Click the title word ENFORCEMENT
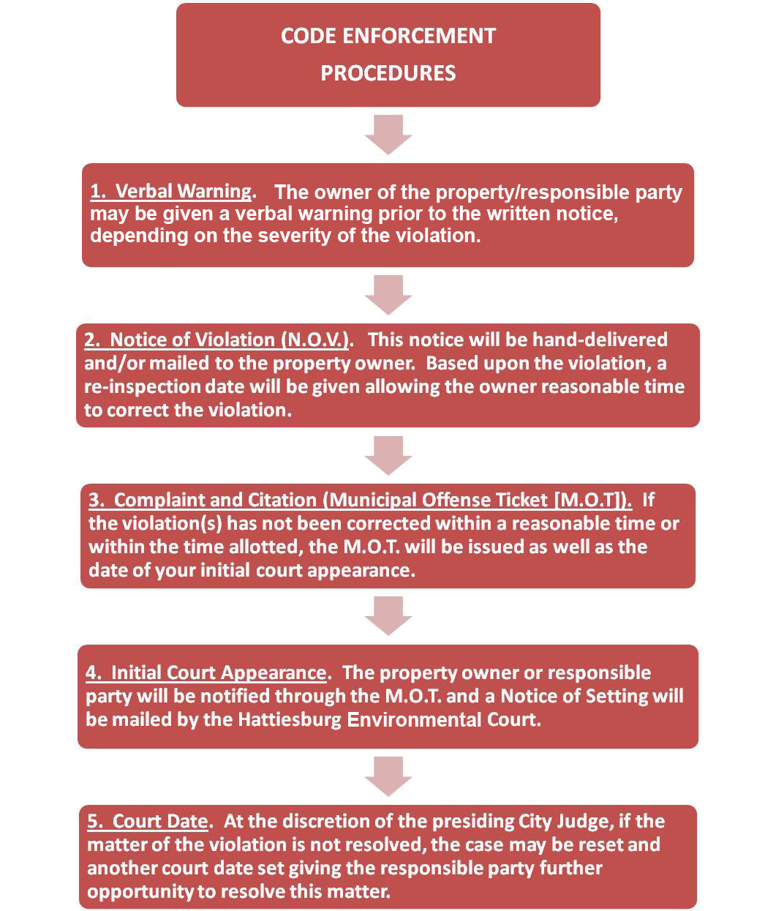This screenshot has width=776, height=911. tap(418, 36)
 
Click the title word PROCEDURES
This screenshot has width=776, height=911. tap(388, 73)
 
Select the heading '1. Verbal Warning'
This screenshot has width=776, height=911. tap(170, 191)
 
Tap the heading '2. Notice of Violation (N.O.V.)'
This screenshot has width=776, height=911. tap(216, 340)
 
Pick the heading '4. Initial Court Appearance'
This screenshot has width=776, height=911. tap(206, 672)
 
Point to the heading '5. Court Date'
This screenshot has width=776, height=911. tap(148, 821)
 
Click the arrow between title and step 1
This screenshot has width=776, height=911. tap(388, 135)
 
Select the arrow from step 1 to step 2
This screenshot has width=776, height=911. tap(388, 295)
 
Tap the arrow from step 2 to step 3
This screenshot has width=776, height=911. tap(388, 456)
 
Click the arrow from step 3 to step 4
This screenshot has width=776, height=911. tap(388, 615)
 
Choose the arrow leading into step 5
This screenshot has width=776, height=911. tap(388, 776)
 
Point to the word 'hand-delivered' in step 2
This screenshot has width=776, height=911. tap(600, 340)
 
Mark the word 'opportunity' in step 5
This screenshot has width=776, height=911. tap(140, 891)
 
